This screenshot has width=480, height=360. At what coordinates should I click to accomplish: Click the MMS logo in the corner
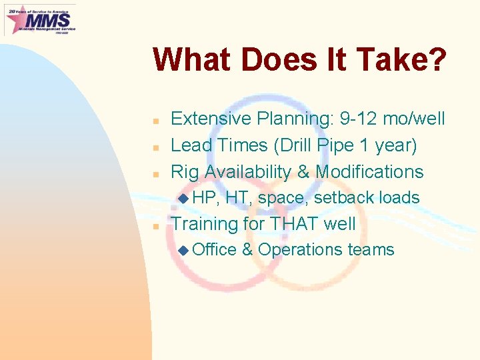coord(40,19)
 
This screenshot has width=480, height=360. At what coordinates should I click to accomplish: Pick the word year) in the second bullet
coord(396,145)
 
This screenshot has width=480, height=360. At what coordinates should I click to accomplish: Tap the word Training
coord(206,223)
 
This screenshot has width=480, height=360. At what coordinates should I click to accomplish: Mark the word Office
coord(214,250)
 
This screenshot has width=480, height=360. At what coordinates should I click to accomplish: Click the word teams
coord(371,250)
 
